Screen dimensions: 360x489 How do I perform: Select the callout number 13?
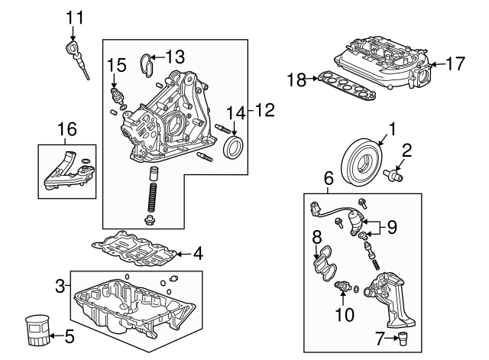pyautogui.click(x=175, y=56)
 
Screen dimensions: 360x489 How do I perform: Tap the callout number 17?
pyautogui.click(x=455, y=65)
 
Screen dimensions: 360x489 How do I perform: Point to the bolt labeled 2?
pyautogui.click(x=398, y=174)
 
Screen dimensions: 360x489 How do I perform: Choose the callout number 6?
pyautogui.click(x=329, y=178)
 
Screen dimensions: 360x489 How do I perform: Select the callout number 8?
pyautogui.click(x=315, y=238)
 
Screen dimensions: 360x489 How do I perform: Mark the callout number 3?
pyautogui.click(x=60, y=287)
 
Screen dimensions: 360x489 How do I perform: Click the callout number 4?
pyautogui.click(x=197, y=252)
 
